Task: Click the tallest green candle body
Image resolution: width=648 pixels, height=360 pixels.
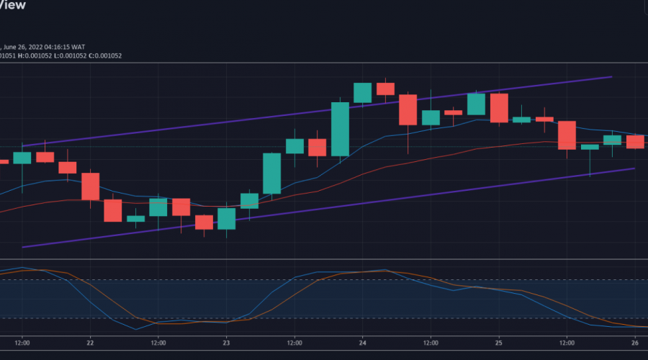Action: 340,129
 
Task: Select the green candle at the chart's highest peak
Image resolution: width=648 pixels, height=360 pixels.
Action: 362,93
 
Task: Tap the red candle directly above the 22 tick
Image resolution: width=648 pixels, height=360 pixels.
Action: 90,186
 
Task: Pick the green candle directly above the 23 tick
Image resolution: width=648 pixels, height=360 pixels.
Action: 226,219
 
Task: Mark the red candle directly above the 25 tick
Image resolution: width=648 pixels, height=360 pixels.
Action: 499,107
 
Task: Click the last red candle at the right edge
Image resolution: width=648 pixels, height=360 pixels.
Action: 635,141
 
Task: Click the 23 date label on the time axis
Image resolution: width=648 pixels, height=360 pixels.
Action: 226,343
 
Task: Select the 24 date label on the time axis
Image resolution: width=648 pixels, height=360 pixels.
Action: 362,343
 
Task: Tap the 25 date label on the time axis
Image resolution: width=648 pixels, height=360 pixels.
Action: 499,343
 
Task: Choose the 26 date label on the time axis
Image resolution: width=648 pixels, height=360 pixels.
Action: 635,343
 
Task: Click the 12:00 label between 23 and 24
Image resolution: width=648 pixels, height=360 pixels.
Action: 294,343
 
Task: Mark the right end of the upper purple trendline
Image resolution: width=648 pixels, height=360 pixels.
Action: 611,76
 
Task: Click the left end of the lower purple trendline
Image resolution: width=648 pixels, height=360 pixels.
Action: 23,247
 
